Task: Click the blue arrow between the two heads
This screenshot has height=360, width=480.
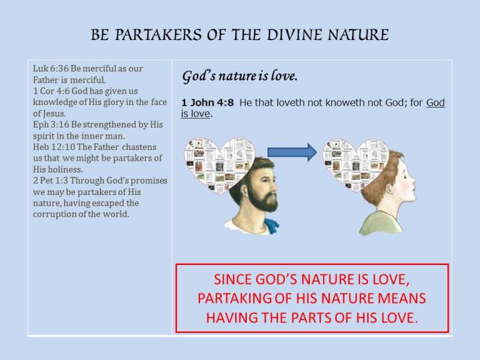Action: point(292,152)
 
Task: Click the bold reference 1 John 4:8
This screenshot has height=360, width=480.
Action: point(207,103)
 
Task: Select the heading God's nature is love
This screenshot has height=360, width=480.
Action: point(239,77)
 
